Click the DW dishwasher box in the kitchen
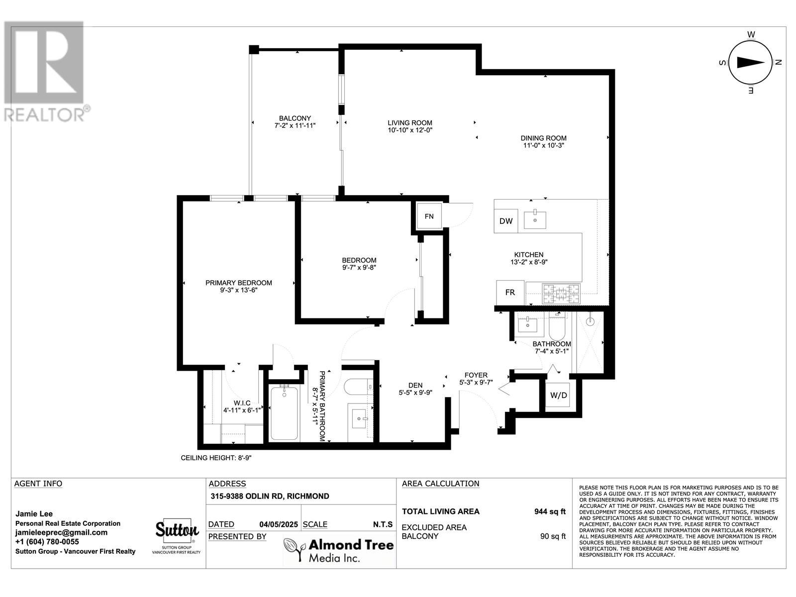pyautogui.click(x=506, y=221)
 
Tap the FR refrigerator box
pyautogui.click(x=510, y=292)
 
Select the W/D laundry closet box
pyautogui.click(x=558, y=396)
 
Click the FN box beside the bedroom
pyautogui.click(x=429, y=216)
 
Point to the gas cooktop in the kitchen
pyautogui.click(x=561, y=294)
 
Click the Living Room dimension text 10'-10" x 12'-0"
pyautogui.click(x=410, y=130)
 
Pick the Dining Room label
pyautogui.click(x=543, y=138)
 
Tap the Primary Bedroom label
pyautogui.click(x=238, y=283)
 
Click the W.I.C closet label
pyautogui.click(x=242, y=403)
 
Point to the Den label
pyautogui.click(x=415, y=385)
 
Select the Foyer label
pyautogui.click(x=476, y=375)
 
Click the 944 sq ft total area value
pyautogui.click(x=549, y=511)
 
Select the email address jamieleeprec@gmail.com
pyautogui.click(x=61, y=532)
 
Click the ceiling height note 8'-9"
pyautogui.click(x=216, y=458)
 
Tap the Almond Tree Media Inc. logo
pyautogui.click(x=338, y=550)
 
